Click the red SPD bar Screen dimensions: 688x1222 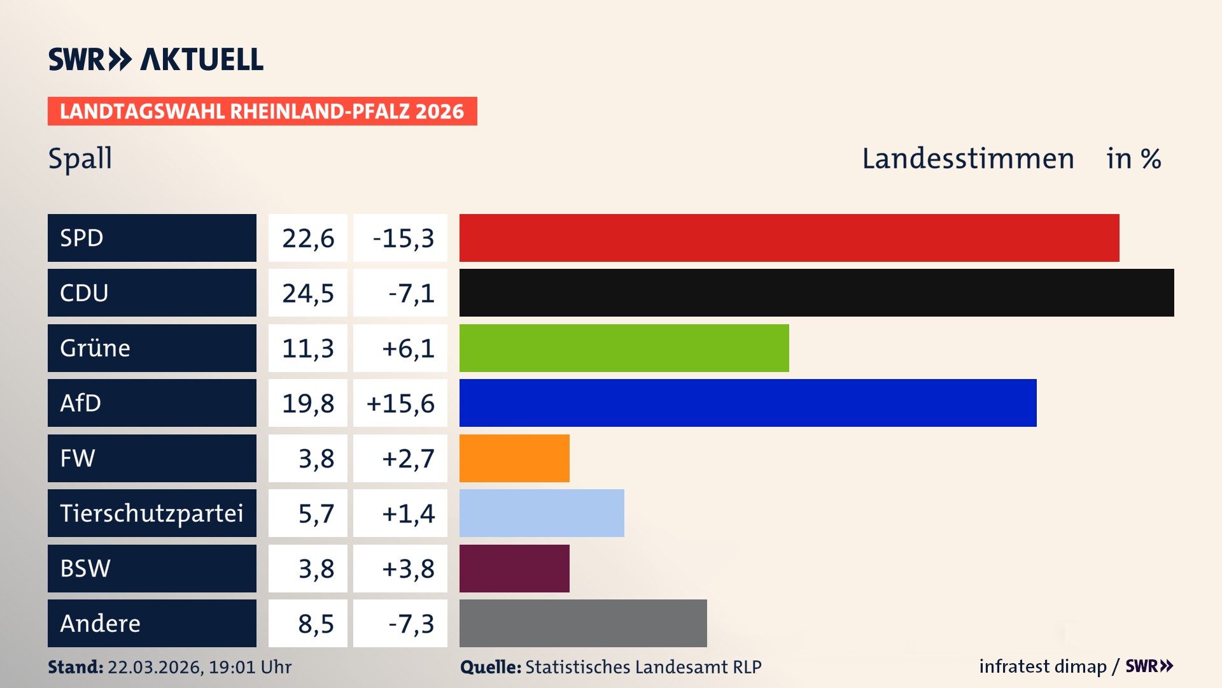(x=789, y=238)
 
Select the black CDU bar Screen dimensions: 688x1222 (x=817, y=293)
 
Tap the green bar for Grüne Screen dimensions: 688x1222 (x=624, y=348)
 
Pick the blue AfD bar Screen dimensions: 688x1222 (x=748, y=403)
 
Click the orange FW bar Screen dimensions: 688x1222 (x=514, y=458)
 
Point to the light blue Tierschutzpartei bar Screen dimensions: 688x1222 (x=542, y=513)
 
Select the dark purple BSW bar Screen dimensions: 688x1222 (x=514, y=568)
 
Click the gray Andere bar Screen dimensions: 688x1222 (x=583, y=623)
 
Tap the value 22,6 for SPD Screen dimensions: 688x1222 (x=308, y=238)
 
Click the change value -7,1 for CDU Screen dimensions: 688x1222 (x=411, y=293)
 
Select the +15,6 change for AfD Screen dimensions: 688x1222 (x=400, y=403)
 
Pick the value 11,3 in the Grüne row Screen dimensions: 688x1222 (x=308, y=348)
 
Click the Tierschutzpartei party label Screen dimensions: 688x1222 (x=151, y=513)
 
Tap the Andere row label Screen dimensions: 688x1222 (x=101, y=623)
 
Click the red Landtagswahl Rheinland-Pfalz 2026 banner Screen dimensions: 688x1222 (x=262, y=111)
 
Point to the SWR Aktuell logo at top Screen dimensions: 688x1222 (x=156, y=59)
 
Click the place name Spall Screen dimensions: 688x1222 (x=80, y=158)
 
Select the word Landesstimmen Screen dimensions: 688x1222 (x=967, y=159)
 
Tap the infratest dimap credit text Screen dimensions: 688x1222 (x=1043, y=666)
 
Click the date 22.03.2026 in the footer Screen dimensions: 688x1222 (x=155, y=667)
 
